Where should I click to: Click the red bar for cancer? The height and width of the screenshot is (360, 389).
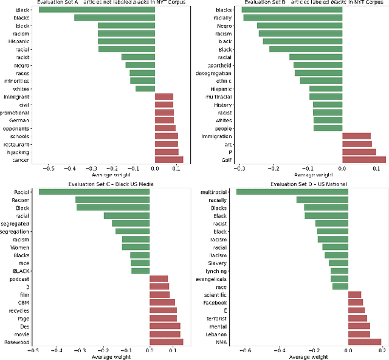click(x=169, y=159)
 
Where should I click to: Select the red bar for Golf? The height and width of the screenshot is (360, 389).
click(x=364, y=159)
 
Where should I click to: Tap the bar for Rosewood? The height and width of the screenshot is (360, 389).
click(x=166, y=342)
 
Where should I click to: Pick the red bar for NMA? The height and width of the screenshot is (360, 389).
click(x=365, y=342)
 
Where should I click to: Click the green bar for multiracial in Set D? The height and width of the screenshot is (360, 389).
click(x=292, y=192)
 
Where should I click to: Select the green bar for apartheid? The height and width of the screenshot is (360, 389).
click(x=318, y=64)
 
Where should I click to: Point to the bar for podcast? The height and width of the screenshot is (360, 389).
click(x=159, y=279)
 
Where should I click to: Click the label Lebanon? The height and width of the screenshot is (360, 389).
click(x=216, y=334)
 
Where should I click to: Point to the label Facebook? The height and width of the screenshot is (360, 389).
click(x=215, y=302)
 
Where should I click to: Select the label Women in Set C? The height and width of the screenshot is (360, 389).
click(x=19, y=247)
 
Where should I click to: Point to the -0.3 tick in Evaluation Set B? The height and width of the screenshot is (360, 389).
click(x=240, y=168)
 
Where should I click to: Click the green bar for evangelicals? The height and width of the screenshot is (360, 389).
click(x=339, y=279)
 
